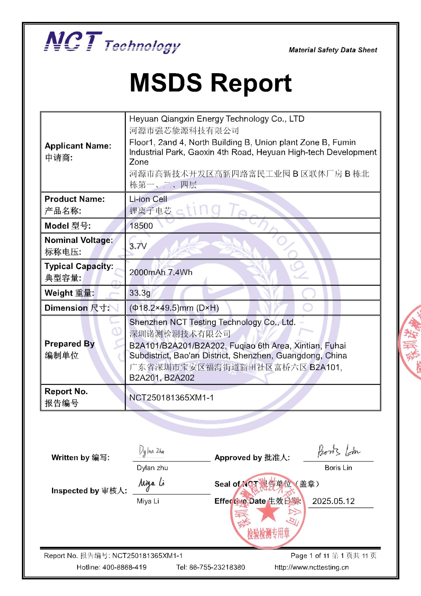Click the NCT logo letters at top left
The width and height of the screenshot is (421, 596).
tap(73, 41)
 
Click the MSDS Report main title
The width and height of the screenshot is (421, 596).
tap(211, 83)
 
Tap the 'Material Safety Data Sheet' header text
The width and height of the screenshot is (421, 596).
tap(333, 50)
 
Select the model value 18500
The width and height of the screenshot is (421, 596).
tap(141, 226)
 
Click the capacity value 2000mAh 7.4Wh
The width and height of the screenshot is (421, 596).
tap(161, 272)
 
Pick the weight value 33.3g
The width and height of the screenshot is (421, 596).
tap(140, 293)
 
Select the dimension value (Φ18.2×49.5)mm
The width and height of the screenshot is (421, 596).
tap(174, 308)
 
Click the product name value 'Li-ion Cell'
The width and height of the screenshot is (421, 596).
tap(148, 199)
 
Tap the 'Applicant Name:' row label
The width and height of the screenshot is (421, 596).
tap(78, 146)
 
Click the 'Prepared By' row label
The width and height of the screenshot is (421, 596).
tap(70, 344)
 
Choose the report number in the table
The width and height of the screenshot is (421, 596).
tap(172, 398)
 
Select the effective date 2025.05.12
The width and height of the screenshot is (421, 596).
tap(333, 501)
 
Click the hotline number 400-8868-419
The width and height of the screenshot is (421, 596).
tap(125, 567)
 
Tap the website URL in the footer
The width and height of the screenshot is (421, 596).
tap(312, 567)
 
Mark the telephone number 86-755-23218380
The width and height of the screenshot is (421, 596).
tap(217, 567)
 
